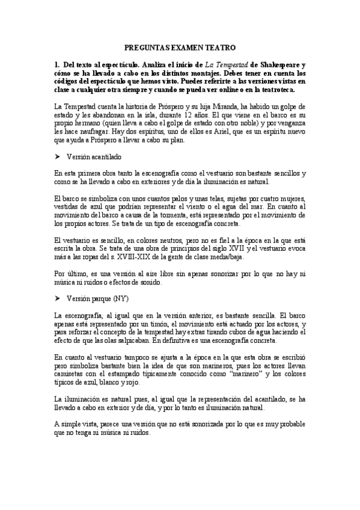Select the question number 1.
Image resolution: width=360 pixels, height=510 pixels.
(55, 64)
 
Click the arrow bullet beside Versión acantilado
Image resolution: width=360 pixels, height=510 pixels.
(57, 156)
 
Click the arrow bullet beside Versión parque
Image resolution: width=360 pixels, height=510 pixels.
(57, 298)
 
